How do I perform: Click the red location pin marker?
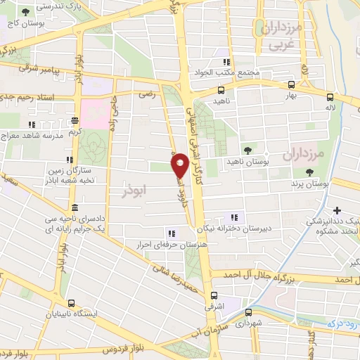[179, 165]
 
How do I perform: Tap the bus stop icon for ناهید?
[221, 90]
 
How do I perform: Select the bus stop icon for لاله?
[329, 97]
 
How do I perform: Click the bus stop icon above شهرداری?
[247, 313]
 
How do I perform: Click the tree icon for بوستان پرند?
[309, 172]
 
